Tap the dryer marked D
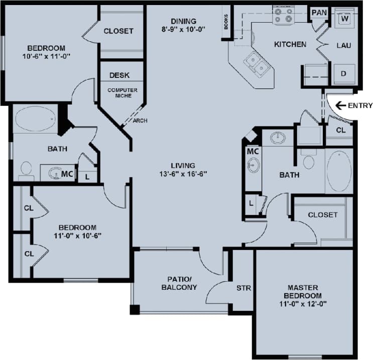(x=344, y=74)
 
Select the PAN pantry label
(x=319, y=12)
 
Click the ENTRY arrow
(x=342, y=105)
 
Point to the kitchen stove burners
(x=283, y=16)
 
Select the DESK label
(x=119, y=75)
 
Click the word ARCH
(x=140, y=121)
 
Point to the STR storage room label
(x=243, y=288)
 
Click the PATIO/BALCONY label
(x=179, y=283)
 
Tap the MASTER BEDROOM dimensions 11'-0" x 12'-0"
(x=302, y=304)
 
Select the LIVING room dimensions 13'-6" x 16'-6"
(x=182, y=174)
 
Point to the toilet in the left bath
(x=26, y=171)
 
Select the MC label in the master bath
(x=253, y=151)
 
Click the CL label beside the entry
(x=340, y=130)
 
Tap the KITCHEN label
(x=290, y=45)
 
